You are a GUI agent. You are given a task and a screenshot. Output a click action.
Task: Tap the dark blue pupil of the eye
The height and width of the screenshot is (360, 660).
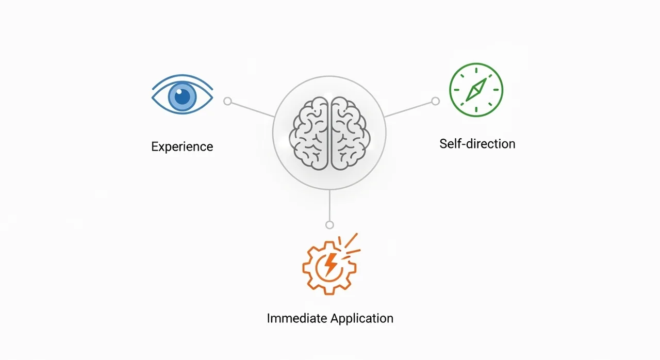tap(182, 96)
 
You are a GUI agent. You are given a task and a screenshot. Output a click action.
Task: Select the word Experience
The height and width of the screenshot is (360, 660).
tap(182, 146)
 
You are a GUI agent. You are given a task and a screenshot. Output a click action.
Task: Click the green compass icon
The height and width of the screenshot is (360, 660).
tap(476, 90)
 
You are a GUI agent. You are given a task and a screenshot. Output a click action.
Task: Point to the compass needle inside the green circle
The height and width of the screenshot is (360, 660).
tap(476, 90)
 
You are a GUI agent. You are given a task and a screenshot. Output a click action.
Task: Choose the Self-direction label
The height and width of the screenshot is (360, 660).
tap(477, 143)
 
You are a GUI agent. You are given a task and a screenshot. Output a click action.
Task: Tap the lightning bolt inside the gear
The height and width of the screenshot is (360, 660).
tap(329, 264)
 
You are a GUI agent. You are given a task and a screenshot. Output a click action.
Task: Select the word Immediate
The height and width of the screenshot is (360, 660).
tap(296, 318)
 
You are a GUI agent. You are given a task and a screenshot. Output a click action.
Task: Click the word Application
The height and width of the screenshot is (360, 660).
tap(361, 318)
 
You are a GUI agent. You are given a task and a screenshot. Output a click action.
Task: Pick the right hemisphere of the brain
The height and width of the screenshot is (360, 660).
tap(350, 133)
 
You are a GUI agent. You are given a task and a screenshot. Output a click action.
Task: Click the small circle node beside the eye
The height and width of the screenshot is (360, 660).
tap(227, 101)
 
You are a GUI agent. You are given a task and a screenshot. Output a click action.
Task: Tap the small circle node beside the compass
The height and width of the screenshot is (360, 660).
tap(435, 101)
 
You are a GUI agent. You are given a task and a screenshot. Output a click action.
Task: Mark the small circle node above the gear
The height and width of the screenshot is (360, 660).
tap(329, 225)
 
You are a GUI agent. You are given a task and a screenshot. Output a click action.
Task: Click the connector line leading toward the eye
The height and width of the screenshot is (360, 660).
tap(253, 109)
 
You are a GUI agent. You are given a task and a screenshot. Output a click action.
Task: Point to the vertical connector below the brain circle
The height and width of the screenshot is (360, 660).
tap(329, 205)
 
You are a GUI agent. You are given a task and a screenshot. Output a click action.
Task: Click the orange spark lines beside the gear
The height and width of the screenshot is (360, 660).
tap(351, 243)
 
